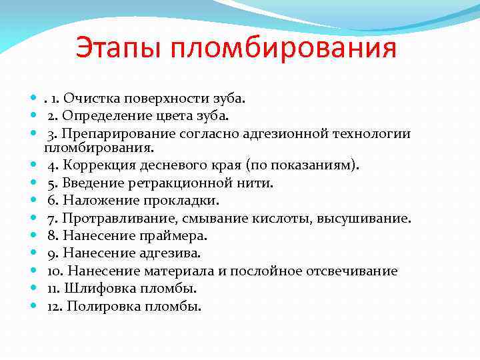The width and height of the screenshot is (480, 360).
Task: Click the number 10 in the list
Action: pos(54,271)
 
